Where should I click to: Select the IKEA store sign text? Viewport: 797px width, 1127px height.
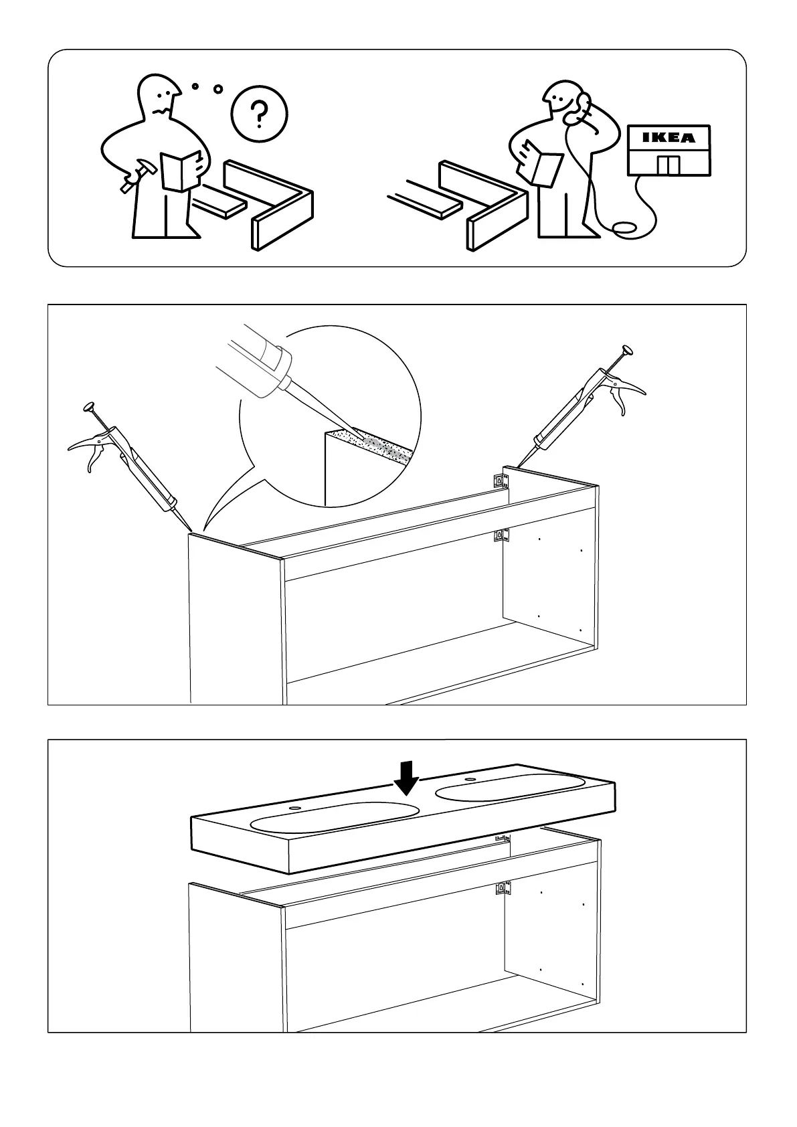[669, 139]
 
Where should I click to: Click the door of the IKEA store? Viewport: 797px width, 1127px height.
[668, 165]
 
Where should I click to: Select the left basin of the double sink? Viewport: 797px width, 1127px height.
[334, 816]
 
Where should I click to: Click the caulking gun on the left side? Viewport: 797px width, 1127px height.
[130, 468]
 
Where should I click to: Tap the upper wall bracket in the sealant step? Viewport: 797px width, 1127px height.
[499, 481]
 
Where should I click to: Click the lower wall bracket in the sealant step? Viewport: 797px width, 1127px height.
[499, 535]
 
